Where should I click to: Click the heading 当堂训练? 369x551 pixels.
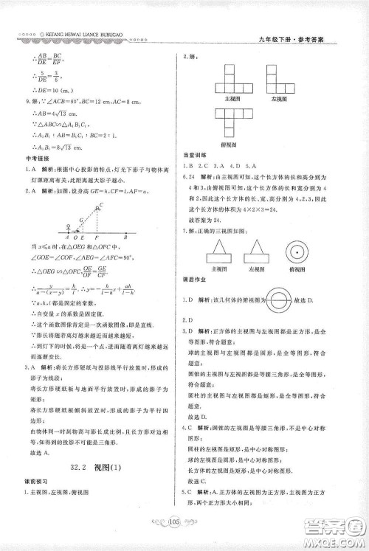point(194,154)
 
